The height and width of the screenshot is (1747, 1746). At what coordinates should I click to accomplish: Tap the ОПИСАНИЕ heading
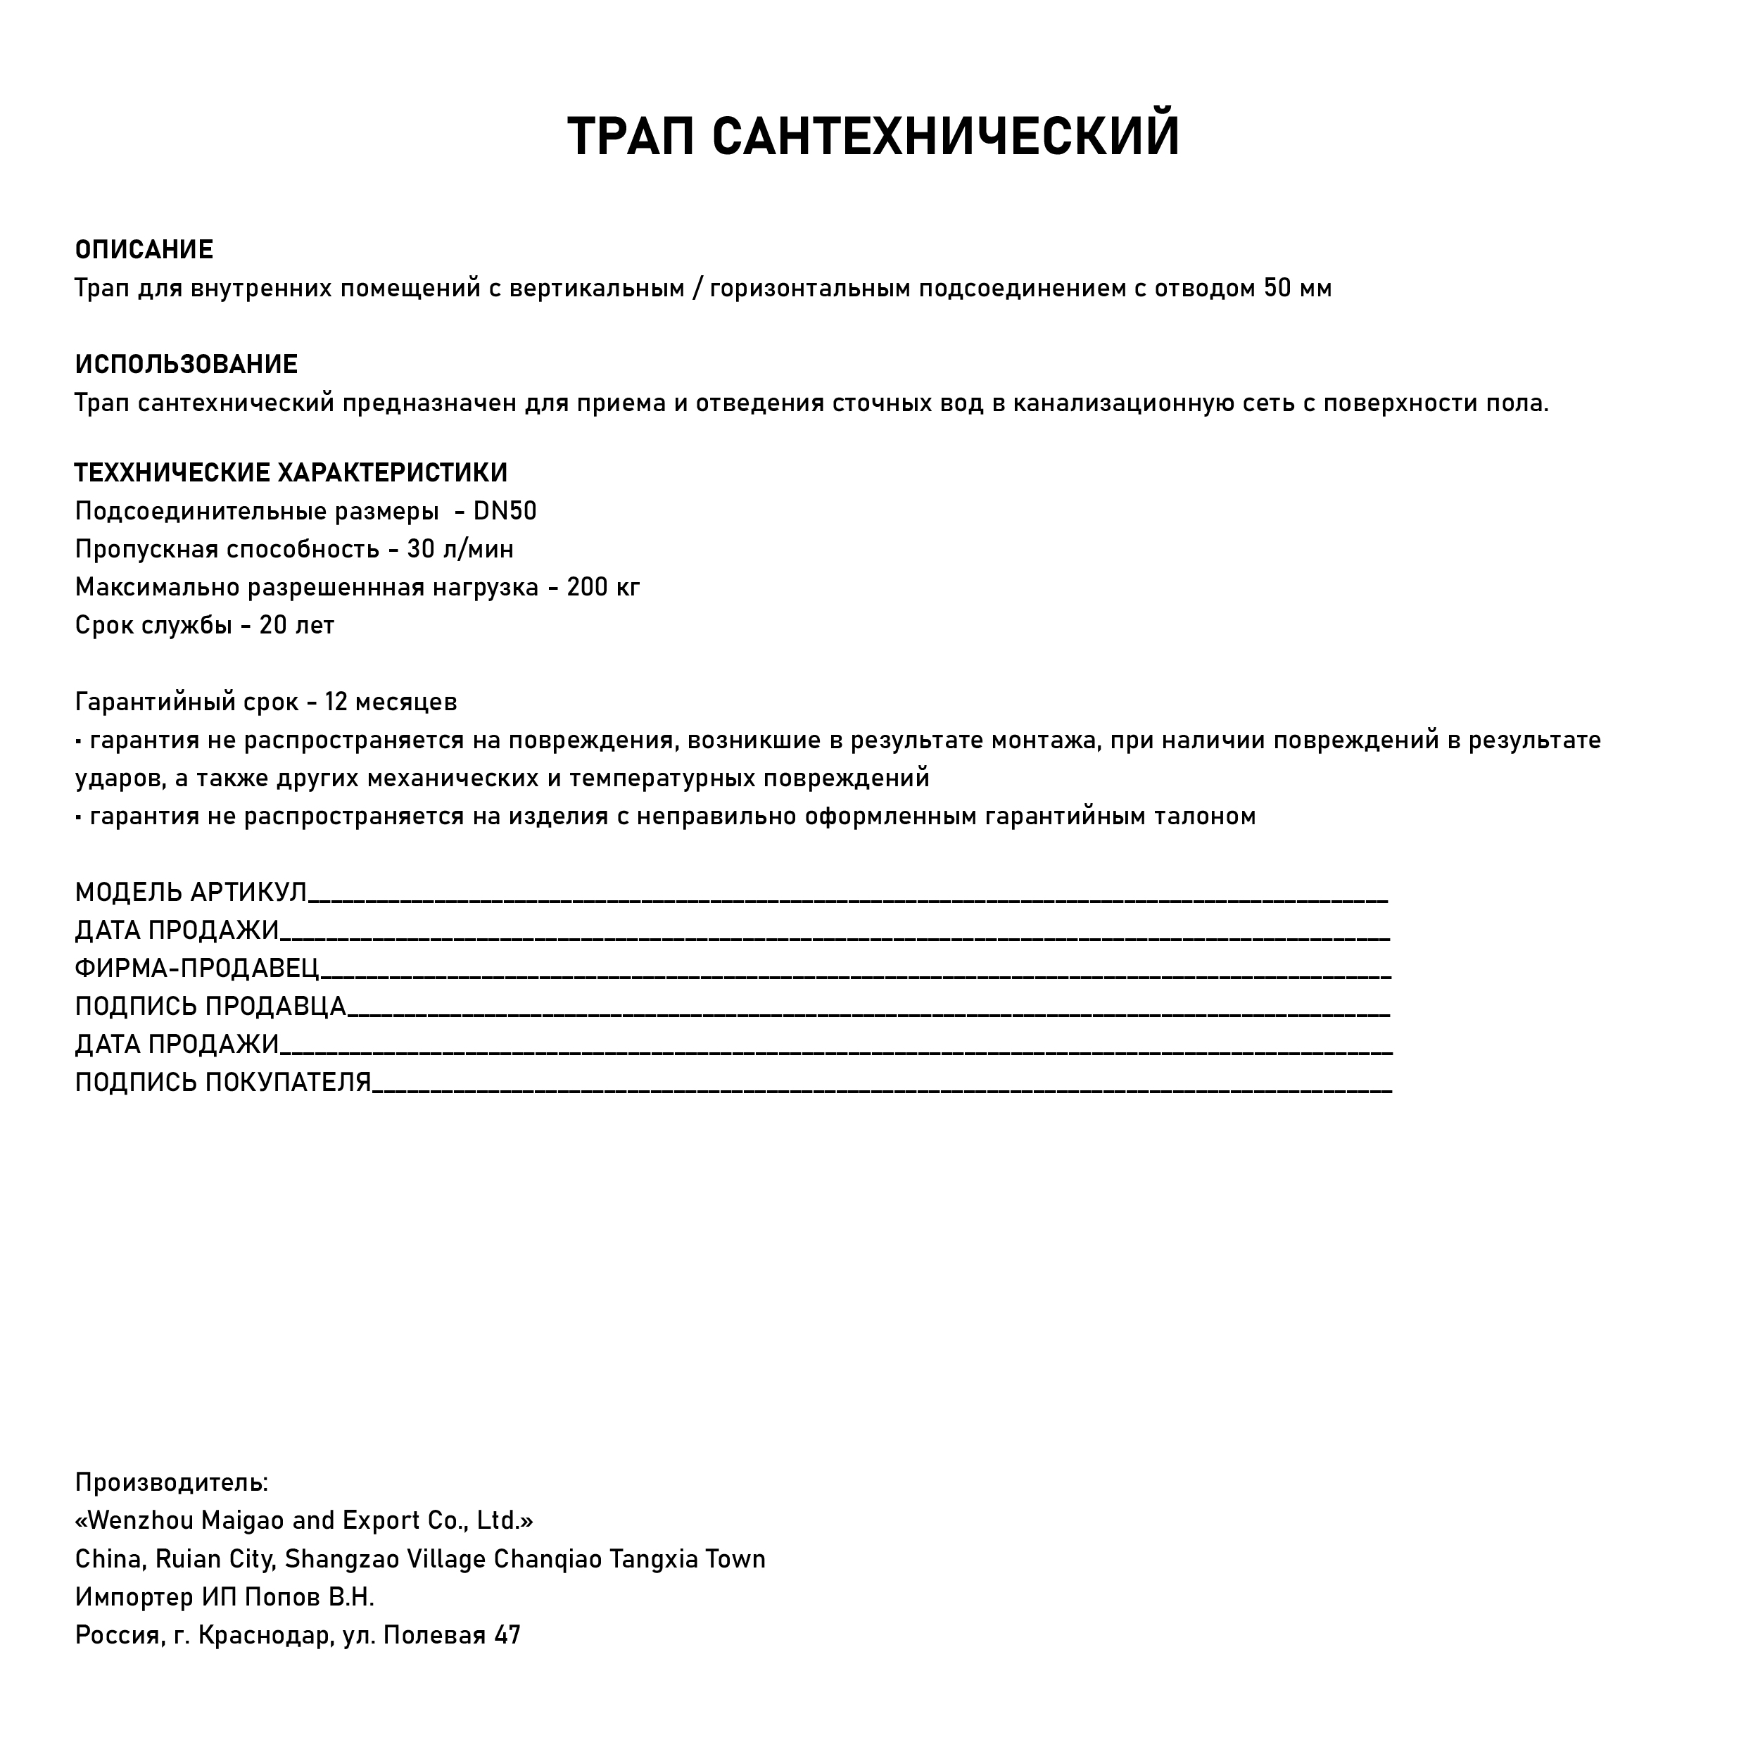tap(144, 250)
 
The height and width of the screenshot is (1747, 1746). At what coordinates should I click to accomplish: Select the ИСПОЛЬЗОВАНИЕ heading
tap(186, 365)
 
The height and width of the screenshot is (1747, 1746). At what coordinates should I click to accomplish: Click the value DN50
tap(505, 512)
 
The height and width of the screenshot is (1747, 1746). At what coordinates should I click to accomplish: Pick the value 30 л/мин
tap(460, 550)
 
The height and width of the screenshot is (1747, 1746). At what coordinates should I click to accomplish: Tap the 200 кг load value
tap(603, 588)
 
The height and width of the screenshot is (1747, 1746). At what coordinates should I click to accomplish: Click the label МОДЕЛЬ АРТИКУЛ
tap(191, 893)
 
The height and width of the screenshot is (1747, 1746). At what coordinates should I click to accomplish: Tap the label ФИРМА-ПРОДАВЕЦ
tap(197, 969)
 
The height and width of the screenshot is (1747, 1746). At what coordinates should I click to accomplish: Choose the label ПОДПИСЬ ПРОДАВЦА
tap(210, 1007)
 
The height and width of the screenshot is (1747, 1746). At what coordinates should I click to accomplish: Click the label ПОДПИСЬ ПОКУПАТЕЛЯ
tap(223, 1083)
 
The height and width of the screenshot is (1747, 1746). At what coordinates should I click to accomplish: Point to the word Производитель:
tap(172, 1483)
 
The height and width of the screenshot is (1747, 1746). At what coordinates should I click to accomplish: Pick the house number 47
tap(507, 1636)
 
